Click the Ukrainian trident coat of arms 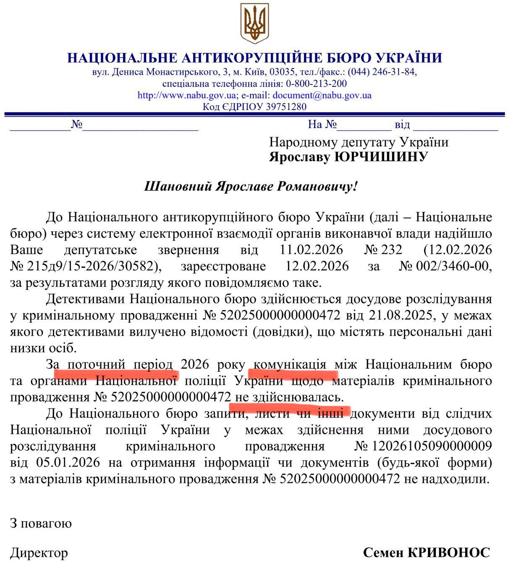click(254, 23)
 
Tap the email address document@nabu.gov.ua click(322, 95)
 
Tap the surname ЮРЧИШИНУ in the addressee click(381, 157)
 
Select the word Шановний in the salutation click(178, 186)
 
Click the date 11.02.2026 click(311, 250)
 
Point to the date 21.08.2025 click(401, 315)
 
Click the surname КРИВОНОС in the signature click(449, 552)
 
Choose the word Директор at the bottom click(39, 553)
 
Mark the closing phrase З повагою click(41, 523)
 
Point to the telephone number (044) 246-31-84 click(381, 72)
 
